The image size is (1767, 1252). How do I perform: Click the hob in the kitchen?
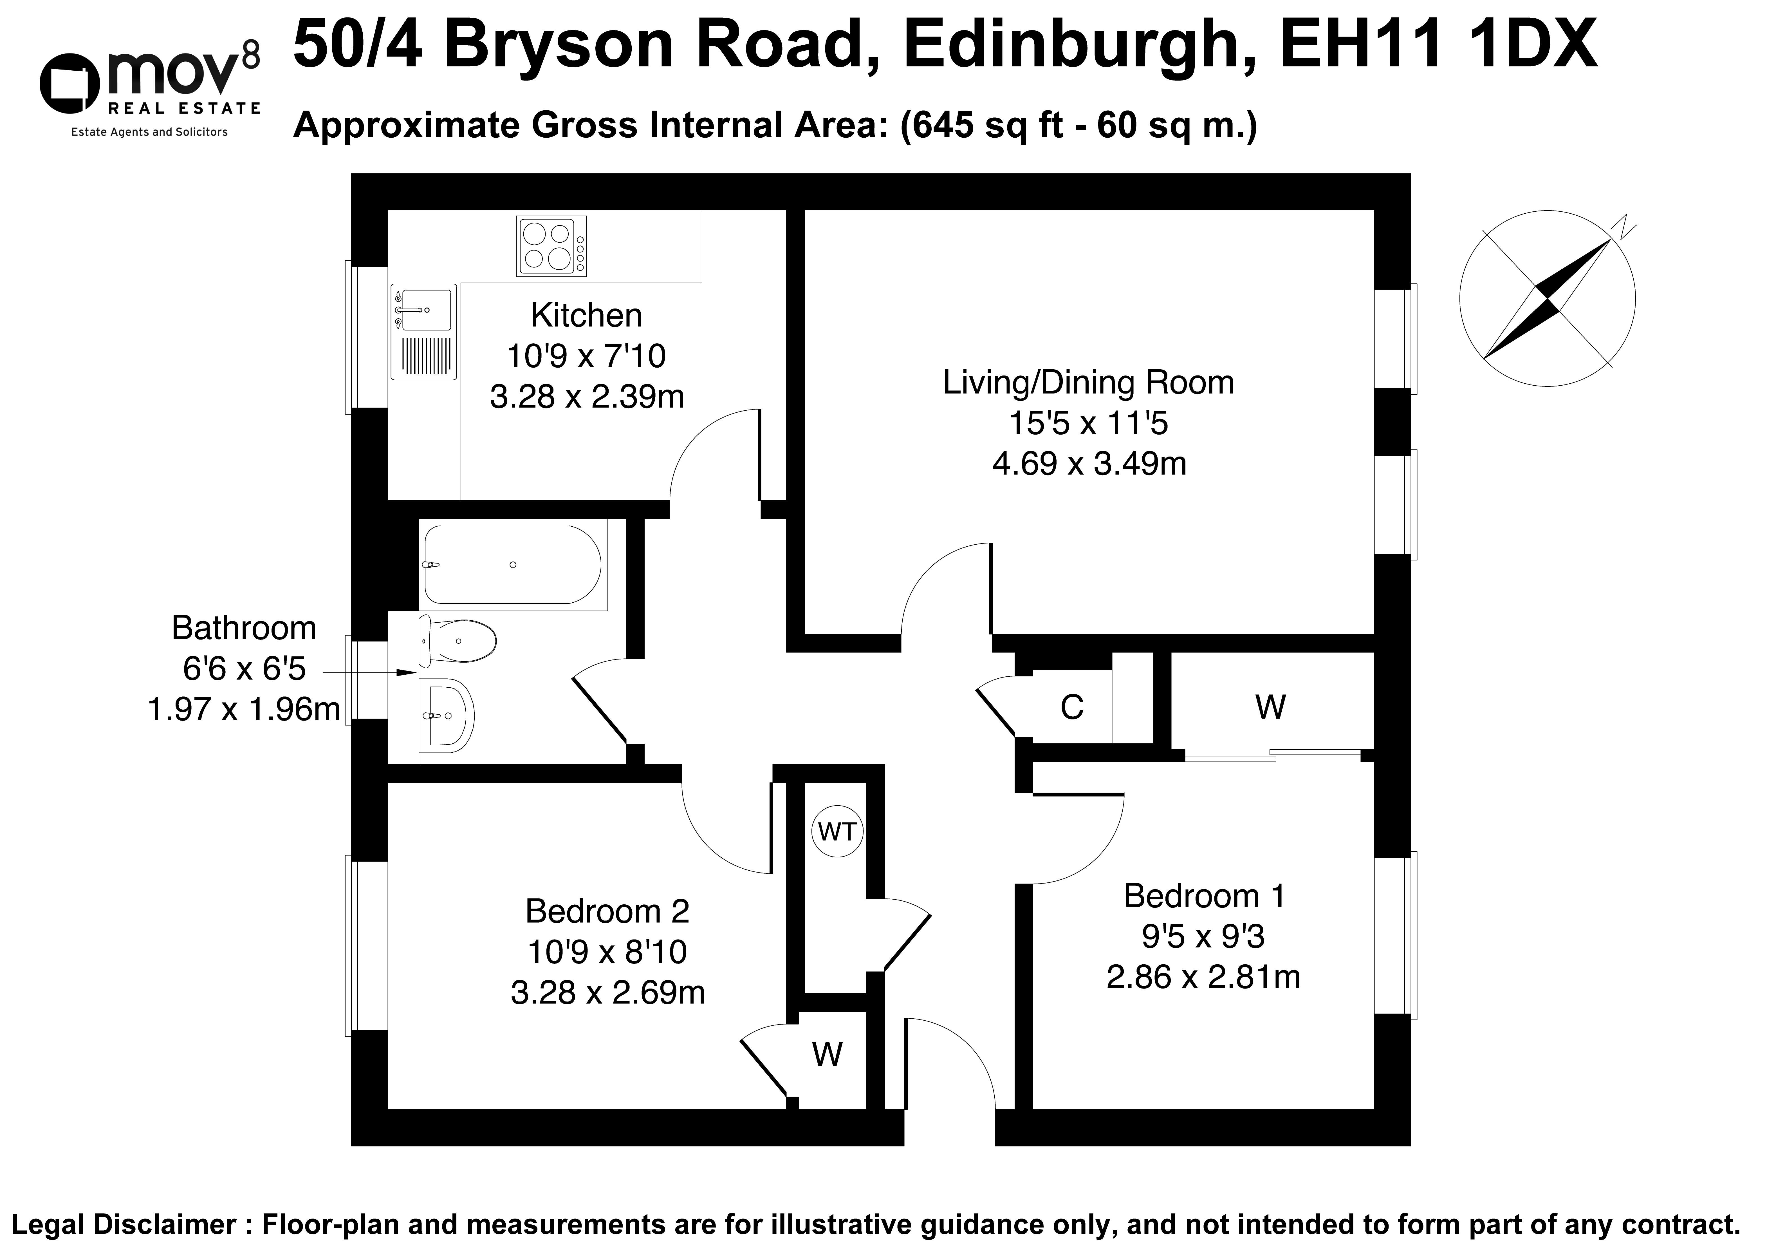(x=551, y=246)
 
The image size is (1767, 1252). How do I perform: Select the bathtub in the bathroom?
(x=512, y=565)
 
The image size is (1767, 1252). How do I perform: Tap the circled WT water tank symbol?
(x=837, y=832)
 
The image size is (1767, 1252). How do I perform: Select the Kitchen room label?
(x=586, y=315)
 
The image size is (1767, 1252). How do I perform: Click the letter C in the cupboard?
(x=1072, y=707)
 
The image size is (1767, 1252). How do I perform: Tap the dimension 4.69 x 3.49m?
(x=1089, y=464)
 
